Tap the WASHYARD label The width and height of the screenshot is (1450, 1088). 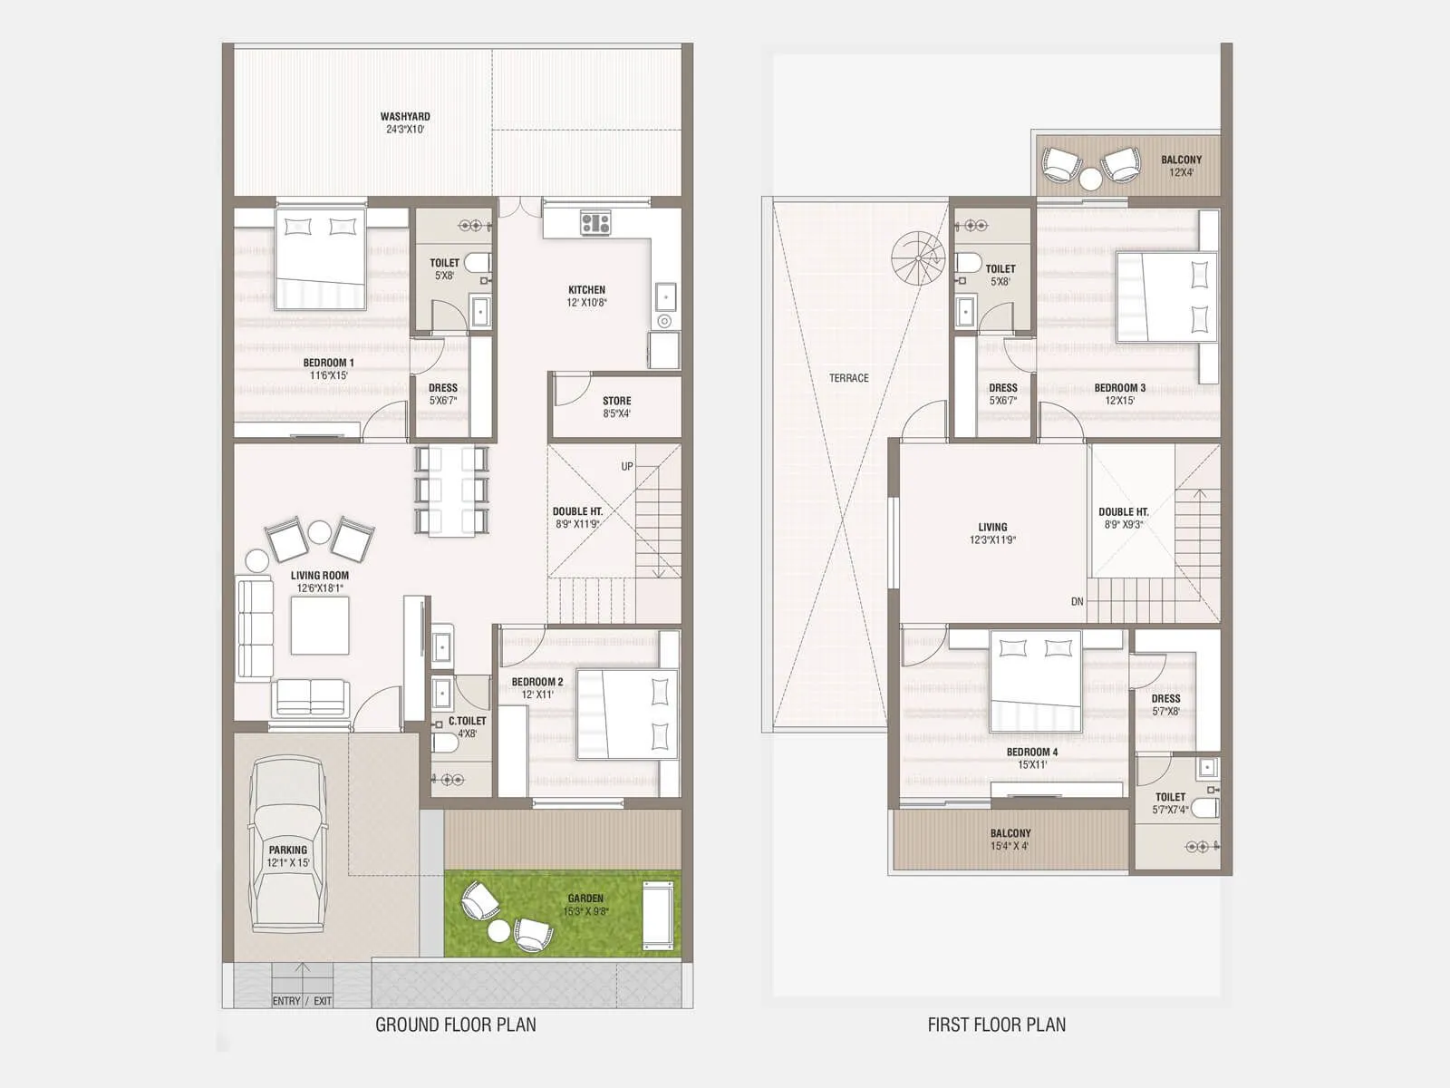click(x=405, y=117)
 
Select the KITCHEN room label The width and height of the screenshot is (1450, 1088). click(x=586, y=290)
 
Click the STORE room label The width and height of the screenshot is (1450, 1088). click(x=616, y=401)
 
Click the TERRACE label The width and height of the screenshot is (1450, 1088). click(x=848, y=378)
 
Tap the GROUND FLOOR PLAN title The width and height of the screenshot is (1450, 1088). click(x=455, y=1025)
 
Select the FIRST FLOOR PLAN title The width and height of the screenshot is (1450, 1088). click(x=996, y=1025)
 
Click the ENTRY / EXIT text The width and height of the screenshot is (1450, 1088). click(x=302, y=1001)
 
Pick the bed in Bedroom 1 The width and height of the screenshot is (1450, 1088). click(x=321, y=258)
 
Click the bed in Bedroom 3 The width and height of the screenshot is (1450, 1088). click(x=1167, y=296)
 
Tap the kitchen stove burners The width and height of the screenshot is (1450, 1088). click(x=595, y=222)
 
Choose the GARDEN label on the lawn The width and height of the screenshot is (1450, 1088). click(x=585, y=899)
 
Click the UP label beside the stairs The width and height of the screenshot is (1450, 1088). click(x=627, y=467)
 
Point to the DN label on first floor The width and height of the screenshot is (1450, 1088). click(x=1077, y=602)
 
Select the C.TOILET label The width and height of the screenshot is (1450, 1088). click(x=467, y=722)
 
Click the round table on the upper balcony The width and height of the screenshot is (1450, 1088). click(x=1090, y=180)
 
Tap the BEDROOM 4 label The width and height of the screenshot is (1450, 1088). click(x=1031, y=753)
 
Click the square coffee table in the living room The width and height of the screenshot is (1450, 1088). click(x=320, y=626)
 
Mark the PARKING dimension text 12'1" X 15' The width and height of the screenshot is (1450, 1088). click(x=288, y=863)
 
